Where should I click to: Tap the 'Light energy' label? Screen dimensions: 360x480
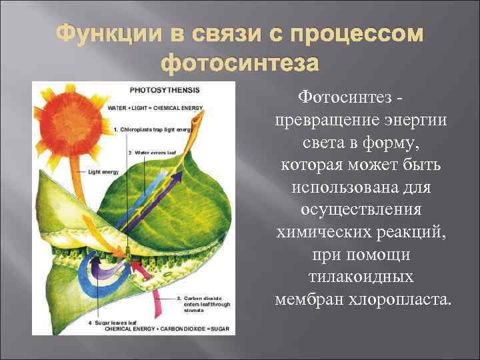(102, 172)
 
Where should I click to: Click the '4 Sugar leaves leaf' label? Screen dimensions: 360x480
(116, 323)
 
